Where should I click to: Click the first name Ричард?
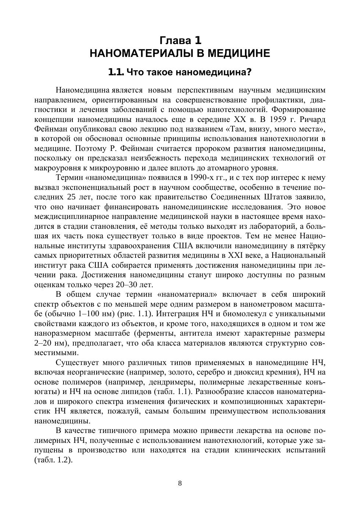click(313, 119)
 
